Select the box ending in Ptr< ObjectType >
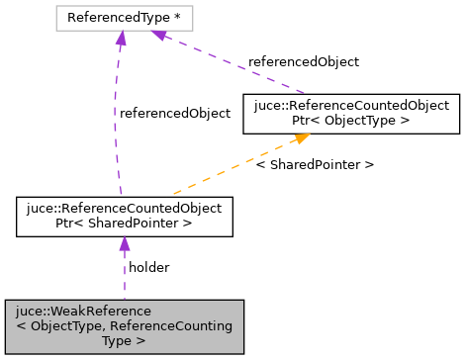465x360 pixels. pyautogui.click(x=351, y=113)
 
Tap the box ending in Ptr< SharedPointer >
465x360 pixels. pyautogui.click(x=125, y=218)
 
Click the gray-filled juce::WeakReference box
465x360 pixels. pyautogui.click(x=124, y=326)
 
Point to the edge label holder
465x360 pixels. pyautogui.click(x=149, y=267)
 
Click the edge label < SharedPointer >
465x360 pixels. pyautogui.click(x=315, y=164)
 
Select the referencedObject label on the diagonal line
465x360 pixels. pyautogui.click(x=304, y=61)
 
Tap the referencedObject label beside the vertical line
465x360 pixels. pyautogui.click(x=175, y=113)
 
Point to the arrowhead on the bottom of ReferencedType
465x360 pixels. pyautogui.click(x=121, y=38)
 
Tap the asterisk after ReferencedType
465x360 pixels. pyautogui.click(x=179, y=18)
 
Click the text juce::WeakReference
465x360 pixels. pyautogui.click(x=88, y=312)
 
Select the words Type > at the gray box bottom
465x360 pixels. pyautogui.click(x=124, y=340)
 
